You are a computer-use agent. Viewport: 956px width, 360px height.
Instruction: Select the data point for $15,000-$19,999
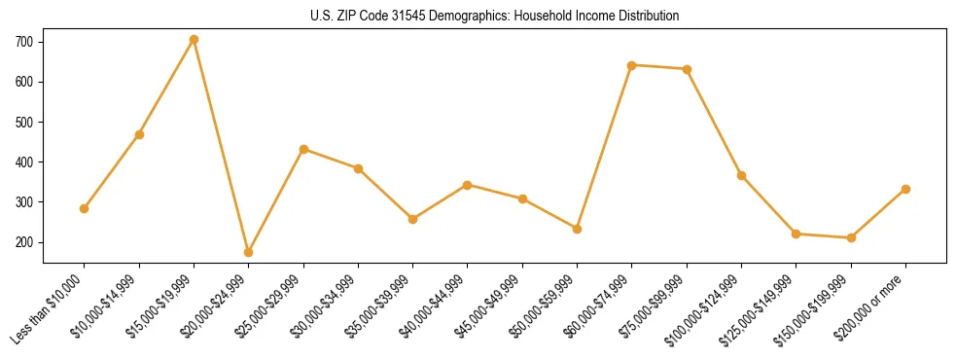[x=195, y=39]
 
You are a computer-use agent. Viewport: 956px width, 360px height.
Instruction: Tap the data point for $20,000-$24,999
[x=249, y=252]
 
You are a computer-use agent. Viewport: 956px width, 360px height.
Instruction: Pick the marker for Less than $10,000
[x=85, y=208]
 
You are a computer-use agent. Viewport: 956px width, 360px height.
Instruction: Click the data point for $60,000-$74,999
[x=632, y=65]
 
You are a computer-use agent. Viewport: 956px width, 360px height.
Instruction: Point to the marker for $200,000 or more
[x=905, y=189]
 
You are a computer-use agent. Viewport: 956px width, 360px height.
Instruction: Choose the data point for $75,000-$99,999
[x=687, y=69]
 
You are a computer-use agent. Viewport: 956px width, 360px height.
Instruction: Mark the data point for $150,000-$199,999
[x=851, y=237]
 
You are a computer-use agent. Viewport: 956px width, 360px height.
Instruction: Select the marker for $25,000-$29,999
[x=303, y=149]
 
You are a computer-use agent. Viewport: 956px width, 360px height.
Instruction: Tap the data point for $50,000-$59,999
[x=578, y=229]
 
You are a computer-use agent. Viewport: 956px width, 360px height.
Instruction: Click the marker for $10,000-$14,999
[x=139, y=134]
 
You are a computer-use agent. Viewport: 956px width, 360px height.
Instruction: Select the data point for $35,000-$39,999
[x=413, y=219]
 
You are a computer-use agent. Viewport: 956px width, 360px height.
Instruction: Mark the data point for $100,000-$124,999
[x=741, y=175]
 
